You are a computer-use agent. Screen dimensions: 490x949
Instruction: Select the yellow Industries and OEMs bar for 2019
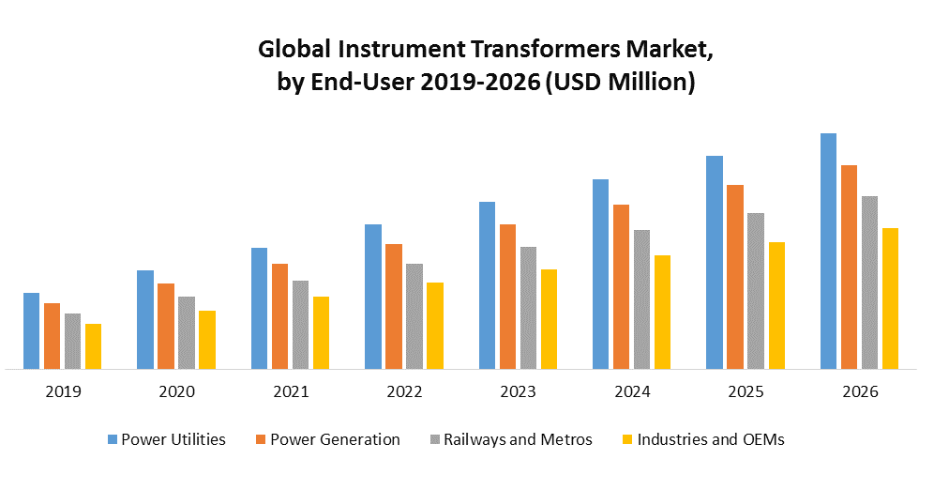point(93,346)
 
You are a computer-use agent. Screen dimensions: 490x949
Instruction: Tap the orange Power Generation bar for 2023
point(507,297)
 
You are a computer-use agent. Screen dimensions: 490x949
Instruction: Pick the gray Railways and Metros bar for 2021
point(300,325)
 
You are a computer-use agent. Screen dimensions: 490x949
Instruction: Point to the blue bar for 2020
point(145,320)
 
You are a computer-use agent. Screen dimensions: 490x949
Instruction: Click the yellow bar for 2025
point(776,306)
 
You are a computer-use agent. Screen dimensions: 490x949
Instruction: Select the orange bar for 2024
point(621,287)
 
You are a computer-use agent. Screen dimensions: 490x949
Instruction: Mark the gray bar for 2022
point(414,316)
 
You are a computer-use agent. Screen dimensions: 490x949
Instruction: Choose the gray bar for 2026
point(869,283)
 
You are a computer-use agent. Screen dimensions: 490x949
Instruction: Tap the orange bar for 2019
point(52,336)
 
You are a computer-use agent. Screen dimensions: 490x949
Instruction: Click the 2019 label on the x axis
point(63,391)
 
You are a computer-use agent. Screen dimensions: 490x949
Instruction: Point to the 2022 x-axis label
point(404,391)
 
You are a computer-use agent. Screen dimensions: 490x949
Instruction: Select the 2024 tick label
point(632,391)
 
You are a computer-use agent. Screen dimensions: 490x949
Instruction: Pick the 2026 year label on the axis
point(860,391)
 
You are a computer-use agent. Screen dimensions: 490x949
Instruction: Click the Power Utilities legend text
point(173,439)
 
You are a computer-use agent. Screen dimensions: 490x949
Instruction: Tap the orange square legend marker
point(261,439)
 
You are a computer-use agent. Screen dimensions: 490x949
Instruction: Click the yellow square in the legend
point(627,439)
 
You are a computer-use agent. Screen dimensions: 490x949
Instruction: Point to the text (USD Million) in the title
point(620,83)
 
